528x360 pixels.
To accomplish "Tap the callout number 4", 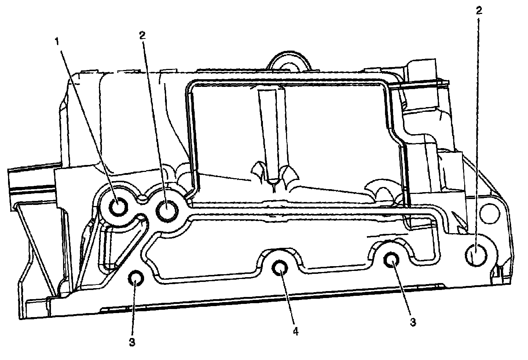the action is click(296, 331).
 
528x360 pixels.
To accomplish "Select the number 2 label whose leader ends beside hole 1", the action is click(142, 35).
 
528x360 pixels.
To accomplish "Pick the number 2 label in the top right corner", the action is click(478, 11).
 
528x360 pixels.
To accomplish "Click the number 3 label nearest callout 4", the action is click(412, 322).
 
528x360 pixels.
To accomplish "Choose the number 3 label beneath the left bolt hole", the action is click(132, 342).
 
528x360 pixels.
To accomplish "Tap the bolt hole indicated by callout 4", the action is click(280, 269).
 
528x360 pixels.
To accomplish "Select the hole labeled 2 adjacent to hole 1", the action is click(167, 210).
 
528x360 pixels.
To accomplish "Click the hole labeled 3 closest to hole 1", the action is click(135, 280).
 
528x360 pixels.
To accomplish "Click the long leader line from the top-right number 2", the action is click(478, 128).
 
